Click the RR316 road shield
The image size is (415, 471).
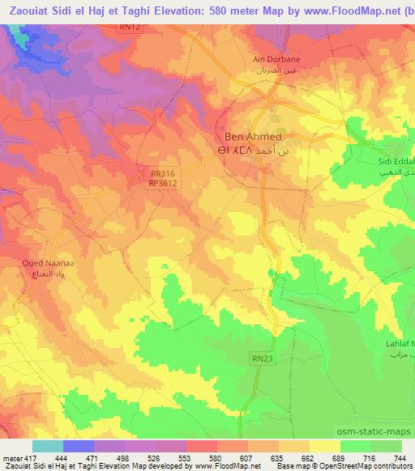[163, 172]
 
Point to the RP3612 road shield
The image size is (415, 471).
[165, 184]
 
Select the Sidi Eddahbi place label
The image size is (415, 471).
[396, 161]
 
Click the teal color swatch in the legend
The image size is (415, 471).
[47, 447]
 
